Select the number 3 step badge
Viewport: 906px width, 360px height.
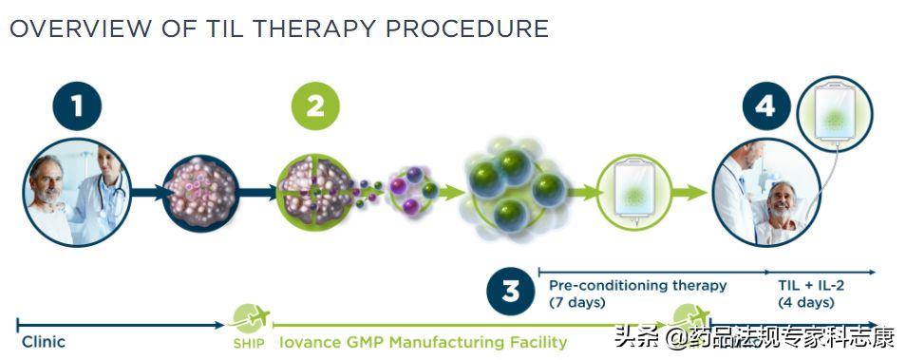tap(511, 292)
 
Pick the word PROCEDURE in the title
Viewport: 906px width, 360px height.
tap(466, 28)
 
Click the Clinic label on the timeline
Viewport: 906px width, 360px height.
tap(44, 341)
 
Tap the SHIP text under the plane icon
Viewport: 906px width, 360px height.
tap(249, 343)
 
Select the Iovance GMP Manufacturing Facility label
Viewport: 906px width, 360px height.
tap(423, 341)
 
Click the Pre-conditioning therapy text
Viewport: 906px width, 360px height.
tap(637, 285)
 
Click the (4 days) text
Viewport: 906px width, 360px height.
tap(806, 303)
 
